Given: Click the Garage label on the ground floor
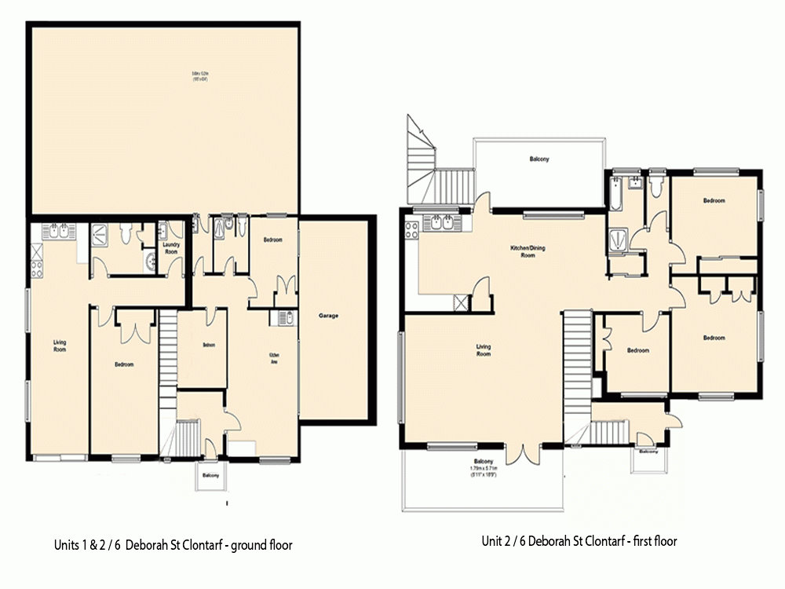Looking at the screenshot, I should click(x=328, y=316).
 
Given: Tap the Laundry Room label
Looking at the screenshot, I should click(x=171, y=247).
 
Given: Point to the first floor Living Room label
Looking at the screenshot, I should click(x=484, y=350).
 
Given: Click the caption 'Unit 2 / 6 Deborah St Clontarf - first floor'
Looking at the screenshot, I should click(x=579, y=541).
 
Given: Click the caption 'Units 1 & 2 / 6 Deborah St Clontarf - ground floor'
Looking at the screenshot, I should click(x=173, y=544).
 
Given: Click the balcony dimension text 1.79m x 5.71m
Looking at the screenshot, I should click(x=482, y=469).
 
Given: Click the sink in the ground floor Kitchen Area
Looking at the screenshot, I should click(x=283, y=318).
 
